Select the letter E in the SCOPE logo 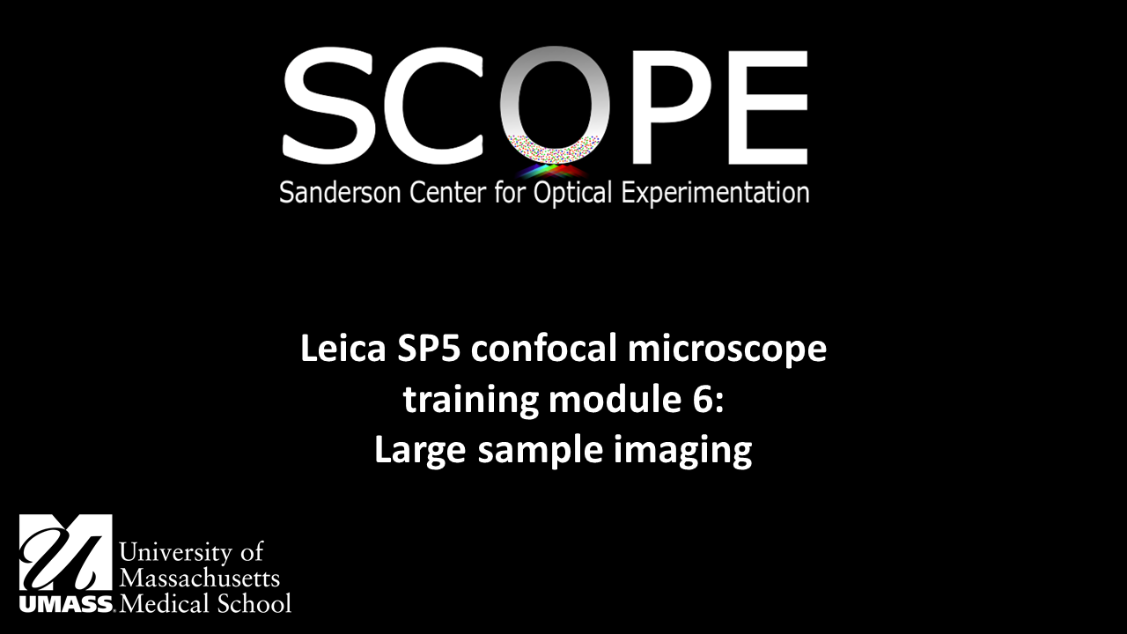[769, 107]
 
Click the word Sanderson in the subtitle [340, 193]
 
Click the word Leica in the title [343, 348]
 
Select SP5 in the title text [429, 348]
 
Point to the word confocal [544, 348]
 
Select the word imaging [682, 453]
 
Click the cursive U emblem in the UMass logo [65, 552]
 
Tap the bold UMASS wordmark [66, 603]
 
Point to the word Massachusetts [199, 579]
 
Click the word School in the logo [254, 603]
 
